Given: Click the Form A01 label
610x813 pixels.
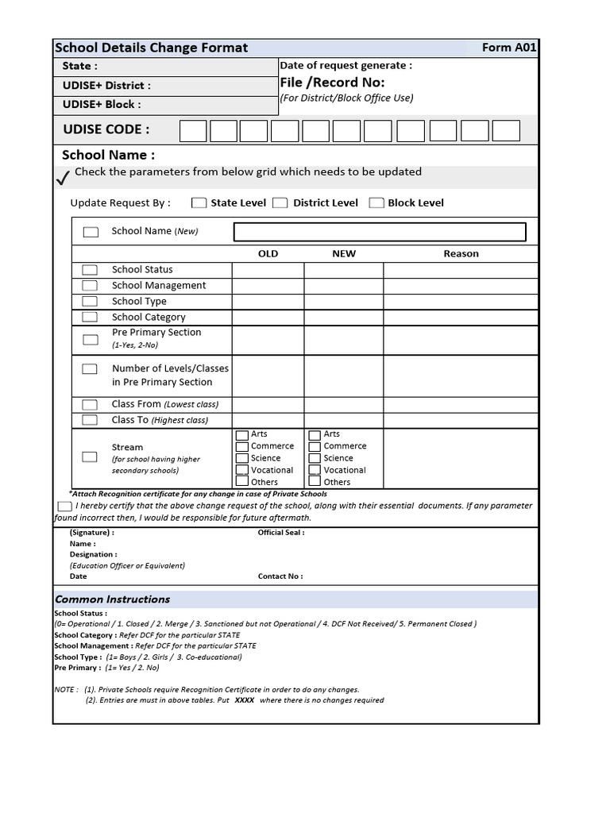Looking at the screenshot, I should (508, 48).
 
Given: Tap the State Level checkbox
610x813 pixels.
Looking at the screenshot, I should (199, 203).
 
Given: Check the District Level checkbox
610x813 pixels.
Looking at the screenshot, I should (280, 203).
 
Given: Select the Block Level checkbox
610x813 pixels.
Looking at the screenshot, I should (376, 203).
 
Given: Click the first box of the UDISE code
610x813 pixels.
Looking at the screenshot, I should (193, 131).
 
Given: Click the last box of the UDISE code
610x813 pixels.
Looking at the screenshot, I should (506, 131).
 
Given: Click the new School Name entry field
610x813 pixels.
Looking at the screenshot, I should (380, 232).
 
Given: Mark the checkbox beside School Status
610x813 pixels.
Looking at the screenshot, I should (91, 270).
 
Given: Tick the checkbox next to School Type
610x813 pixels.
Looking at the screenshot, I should (91, 302).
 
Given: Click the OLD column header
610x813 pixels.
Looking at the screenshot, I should (268, 254).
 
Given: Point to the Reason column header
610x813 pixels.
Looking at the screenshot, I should (461, 254).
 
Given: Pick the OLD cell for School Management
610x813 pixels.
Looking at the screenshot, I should (268, 286).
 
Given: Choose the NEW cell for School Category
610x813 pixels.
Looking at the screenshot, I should (344, 318).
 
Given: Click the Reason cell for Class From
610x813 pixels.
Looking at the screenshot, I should (461, 404).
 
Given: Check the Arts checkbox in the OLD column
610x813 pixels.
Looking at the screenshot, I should (242, 435).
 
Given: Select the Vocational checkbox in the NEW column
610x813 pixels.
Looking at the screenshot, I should (315, 470).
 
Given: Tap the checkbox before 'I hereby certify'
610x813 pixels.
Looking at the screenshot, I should (64, 507).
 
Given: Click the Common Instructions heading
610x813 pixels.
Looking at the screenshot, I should (112, 599).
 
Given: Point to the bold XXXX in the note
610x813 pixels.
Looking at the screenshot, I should (245, 700).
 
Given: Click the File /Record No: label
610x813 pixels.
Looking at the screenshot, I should (332, 83).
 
